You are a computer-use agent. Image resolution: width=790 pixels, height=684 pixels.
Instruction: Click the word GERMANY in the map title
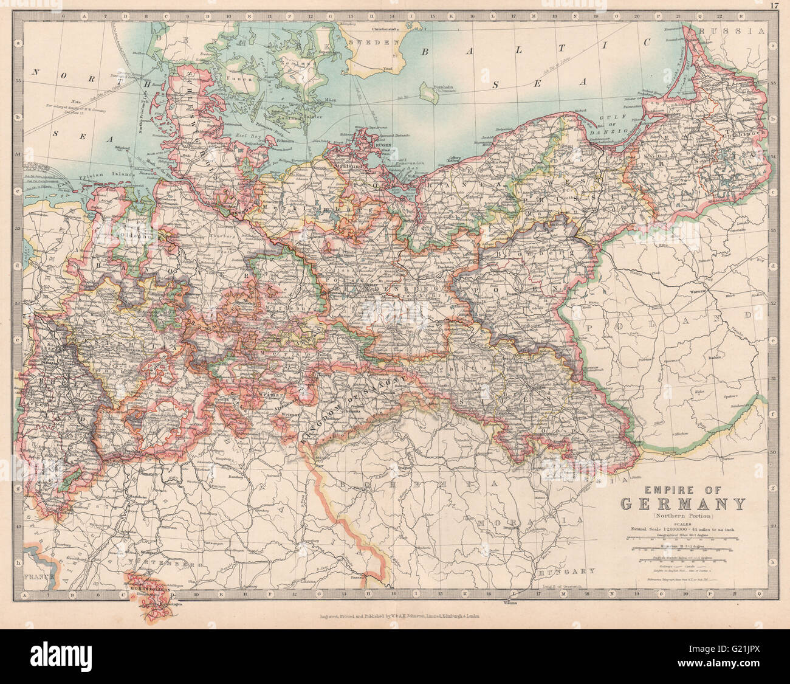pos(683,504)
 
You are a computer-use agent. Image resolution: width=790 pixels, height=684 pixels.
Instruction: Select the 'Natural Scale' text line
pos(682,530)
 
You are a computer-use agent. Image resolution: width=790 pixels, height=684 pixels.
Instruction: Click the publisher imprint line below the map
pos(401,615)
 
